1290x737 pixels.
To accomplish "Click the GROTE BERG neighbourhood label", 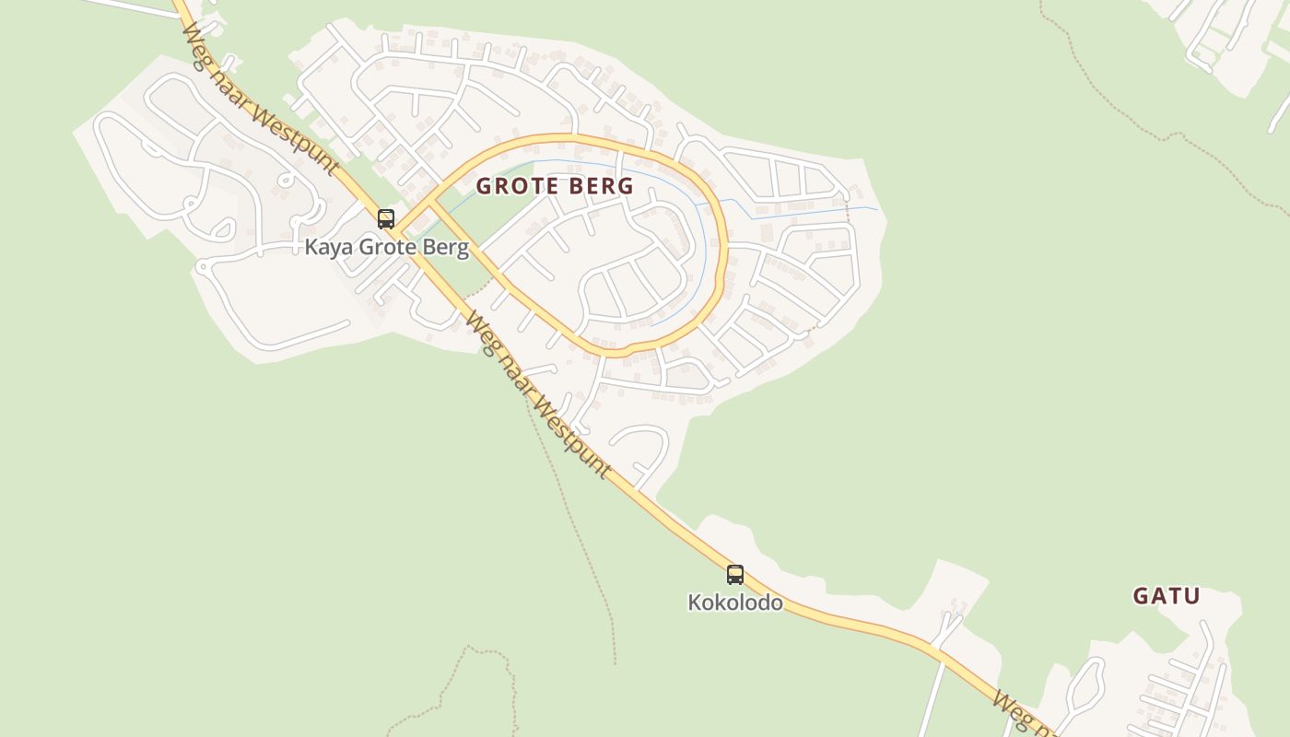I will pyautogui.click(x=555, y=186).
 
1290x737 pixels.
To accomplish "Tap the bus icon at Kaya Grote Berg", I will pyautogui.click(x=386, y=219).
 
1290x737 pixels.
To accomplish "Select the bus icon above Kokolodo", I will pyautogui.click(x=734, y=575).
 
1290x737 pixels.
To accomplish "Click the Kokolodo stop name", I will pyautogui.click(x=735, y=603).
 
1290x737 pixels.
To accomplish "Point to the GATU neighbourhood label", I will pyautogui.click(x=1167, y=596).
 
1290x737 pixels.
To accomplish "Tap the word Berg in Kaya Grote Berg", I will pyautogui.click(x=446, y=247).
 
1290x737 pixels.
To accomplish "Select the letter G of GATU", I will pyautogui.click(x=1140, y=596).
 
